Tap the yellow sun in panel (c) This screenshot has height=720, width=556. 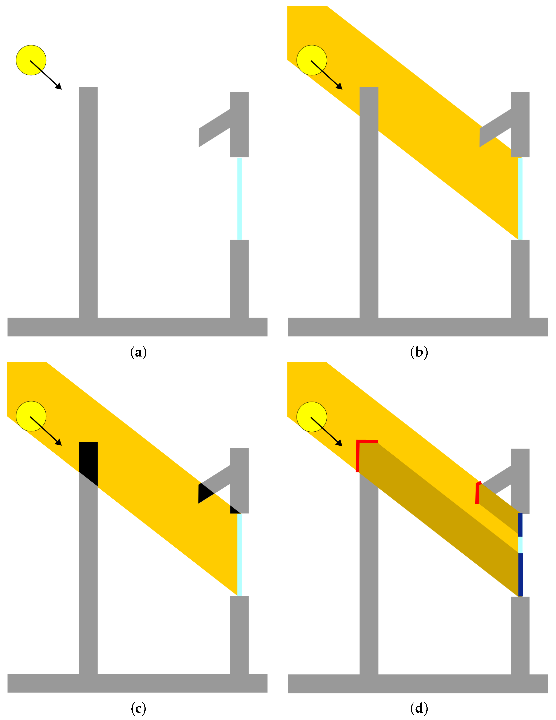[x=31, y=416]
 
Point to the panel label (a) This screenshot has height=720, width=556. [x=138, y=352]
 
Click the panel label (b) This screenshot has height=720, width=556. [x=419, y=352]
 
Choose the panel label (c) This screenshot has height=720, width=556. [x=138, y=708]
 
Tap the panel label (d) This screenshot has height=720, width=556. [x=419, y=708]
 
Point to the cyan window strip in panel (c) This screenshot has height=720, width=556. [x=239, y=555]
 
